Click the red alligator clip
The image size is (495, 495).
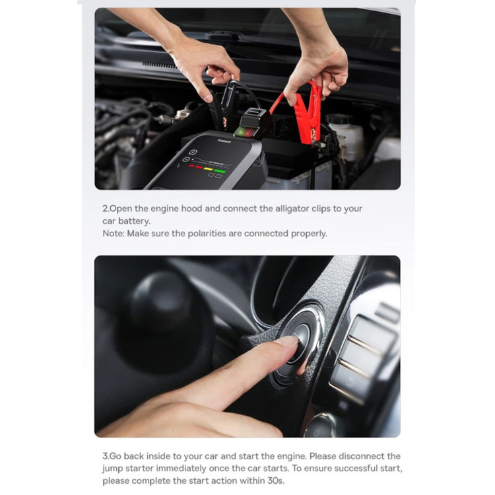(308, 114)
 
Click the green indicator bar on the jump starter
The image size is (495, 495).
(220, 172)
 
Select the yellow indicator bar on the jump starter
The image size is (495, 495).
(209, 169)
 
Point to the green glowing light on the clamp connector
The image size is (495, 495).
(243, 130)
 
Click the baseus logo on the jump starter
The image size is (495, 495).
(224, 141)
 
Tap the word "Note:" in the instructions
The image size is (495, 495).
(114, 234)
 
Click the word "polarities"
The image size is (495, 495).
(207, 234)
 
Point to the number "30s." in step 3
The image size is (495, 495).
(276, 480)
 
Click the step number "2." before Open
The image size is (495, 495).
(106, 209)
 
